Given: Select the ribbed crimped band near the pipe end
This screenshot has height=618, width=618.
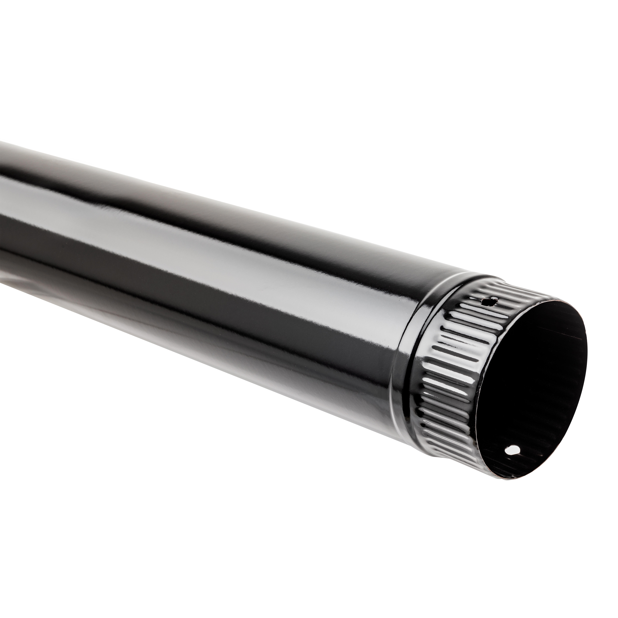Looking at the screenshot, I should pos(448,368).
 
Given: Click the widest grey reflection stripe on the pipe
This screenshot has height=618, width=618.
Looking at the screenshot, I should pos(224,253).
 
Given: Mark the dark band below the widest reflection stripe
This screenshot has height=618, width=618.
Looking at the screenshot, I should pos(224,304).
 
